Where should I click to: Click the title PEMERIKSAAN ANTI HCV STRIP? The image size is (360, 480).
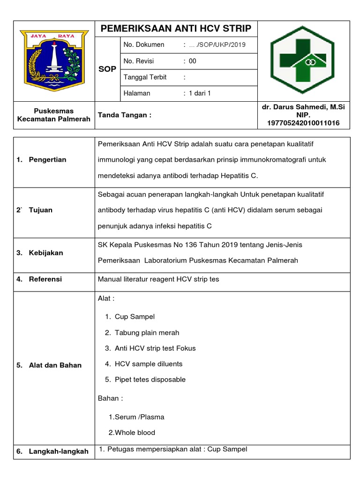176,29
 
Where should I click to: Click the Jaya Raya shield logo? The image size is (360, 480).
54,60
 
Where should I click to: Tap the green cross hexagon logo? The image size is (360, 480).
303,60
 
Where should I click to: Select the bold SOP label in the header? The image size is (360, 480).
107,69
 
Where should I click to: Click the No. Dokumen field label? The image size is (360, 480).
144,45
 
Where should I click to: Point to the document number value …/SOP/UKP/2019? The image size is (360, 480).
216,45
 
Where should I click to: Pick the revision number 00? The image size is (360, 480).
193,61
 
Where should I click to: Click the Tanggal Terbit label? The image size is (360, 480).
145,77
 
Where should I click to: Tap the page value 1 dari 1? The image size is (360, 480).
200,93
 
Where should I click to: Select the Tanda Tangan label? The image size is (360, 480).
124,115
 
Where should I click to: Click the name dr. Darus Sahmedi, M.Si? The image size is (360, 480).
303,107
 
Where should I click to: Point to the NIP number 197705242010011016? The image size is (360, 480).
303,123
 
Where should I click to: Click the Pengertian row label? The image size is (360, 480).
47,159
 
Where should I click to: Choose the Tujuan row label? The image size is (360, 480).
40,210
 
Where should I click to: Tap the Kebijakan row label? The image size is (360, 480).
46,253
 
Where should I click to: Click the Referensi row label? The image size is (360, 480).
45,279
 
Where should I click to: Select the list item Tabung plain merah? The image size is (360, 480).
147,332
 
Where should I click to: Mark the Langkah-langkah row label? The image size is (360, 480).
59,451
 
